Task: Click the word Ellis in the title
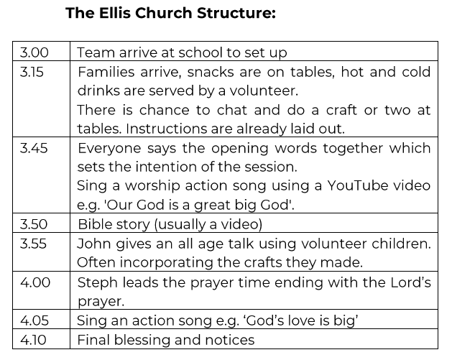[x=115, y=13]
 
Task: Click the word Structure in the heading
[x=236, y=13]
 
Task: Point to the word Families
[x=106, y=72]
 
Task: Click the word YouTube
[x=357, y=185]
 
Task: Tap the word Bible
[x=93, y=224]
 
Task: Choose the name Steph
[x=98, y=283]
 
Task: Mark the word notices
[x=230, y=340]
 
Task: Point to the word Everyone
[x=109, y=149]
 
